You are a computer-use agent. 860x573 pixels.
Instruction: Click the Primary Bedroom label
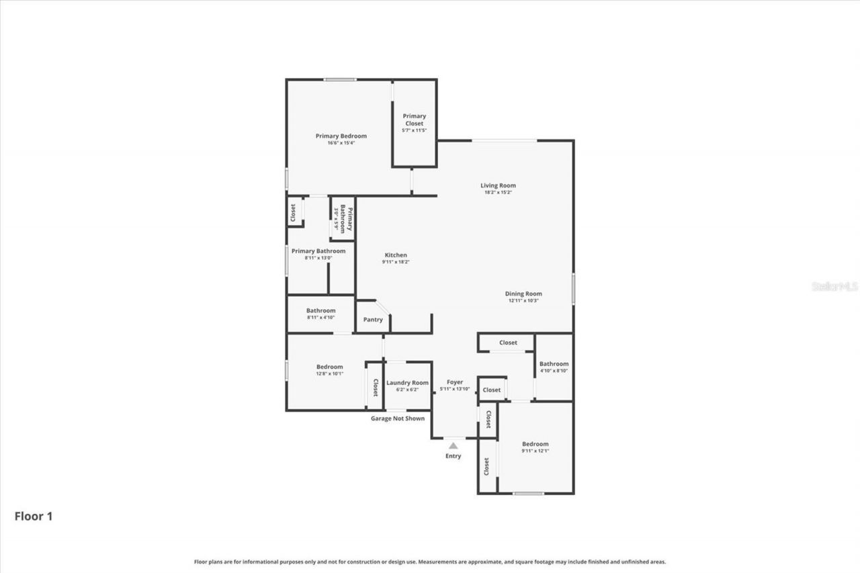[x=341, y=136]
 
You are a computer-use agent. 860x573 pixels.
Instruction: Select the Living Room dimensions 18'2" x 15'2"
[x=498, y=193]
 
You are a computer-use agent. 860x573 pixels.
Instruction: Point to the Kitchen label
[x=395, y=255]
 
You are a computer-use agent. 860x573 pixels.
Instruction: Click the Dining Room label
[x=523, y=294]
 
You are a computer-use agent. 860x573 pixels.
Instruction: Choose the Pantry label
[x=373, y=320]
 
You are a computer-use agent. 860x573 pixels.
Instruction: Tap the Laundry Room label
[x=407, y=382]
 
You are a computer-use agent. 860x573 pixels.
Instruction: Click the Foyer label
[x=455, y=382]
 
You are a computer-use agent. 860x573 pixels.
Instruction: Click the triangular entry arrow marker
[x=454, y=445]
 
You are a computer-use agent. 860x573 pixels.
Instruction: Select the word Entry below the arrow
[x=454, y=456]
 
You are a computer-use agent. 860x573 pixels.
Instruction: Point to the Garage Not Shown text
[x=398, y=418]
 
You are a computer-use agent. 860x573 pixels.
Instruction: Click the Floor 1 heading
[x=34, y=517]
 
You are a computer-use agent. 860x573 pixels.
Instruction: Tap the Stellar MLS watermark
[x=834, y=286]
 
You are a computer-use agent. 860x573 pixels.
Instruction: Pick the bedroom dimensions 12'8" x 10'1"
[x=330, y=373]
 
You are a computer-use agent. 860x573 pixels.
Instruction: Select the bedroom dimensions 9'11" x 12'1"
[x=535, y=451]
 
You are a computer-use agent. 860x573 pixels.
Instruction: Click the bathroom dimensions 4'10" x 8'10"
[x=554, y=371]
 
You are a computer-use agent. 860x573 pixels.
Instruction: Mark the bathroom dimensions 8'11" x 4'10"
[x=320, y=317]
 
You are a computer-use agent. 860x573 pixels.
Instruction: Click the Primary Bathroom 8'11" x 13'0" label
[x=318, y=251]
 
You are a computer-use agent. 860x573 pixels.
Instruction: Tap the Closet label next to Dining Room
[x=508, y=343]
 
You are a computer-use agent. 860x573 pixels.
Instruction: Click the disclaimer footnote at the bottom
[x=430, y=562]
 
